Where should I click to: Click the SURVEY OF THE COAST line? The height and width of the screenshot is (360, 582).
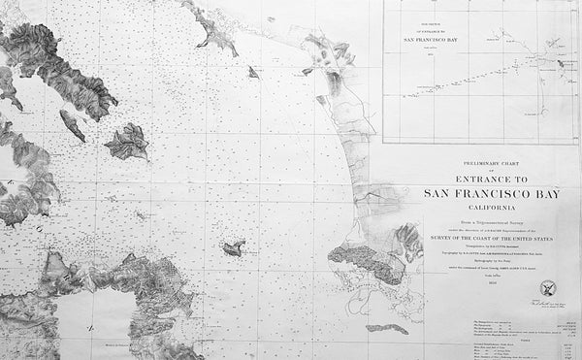(x=476, y=235)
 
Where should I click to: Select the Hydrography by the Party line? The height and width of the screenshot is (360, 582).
(x=476, y=260)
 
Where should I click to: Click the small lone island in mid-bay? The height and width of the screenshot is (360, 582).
(x=233, y=248)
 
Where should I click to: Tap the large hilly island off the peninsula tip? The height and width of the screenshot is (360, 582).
(x=126, y=142)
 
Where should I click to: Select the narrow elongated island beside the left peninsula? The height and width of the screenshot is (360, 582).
(x=72, y=123)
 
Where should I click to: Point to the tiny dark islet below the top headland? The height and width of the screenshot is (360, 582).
(x=252, y=71)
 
